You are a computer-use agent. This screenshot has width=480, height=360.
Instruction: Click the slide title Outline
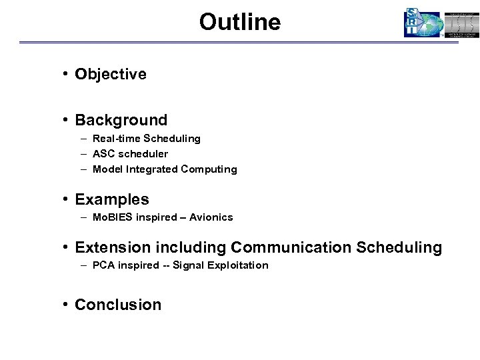click(x=239, y=22)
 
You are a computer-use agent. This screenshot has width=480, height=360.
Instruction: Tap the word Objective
click(x=111, y=74)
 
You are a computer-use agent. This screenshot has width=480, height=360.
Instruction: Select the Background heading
click(x=121, y=120)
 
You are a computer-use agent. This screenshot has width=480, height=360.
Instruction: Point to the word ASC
click(x=103, y=154)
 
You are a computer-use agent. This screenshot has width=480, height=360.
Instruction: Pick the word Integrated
click(x=151, y=169)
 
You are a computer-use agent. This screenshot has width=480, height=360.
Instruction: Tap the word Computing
click(x=209, y=169)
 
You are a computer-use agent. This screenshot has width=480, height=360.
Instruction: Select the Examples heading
click(x=112, y=199)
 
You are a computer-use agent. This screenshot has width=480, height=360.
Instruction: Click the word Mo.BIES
click(x=114, y=217)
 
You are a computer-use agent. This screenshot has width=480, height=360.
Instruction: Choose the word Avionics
click(x=211, y=217)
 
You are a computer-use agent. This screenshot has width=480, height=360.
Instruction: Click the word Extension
click(x=113, y=247)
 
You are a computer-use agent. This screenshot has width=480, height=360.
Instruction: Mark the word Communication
click(x=291, y=247)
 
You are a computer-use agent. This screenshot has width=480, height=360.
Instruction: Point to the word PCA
click(x=103, y=265)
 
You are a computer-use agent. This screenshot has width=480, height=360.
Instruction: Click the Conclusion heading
click(x=118, y=305)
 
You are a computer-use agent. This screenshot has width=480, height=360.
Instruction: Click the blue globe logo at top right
click(x=423, y=23)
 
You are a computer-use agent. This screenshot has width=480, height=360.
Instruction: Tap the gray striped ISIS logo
click(x=462, y=23)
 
